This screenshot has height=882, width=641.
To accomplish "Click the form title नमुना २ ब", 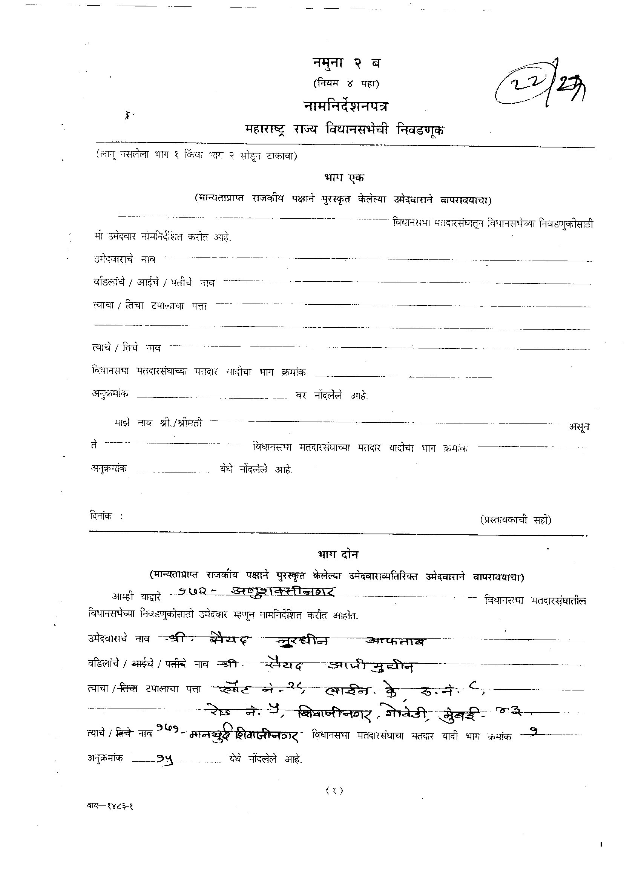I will pyautogui.click(x=347, y=63).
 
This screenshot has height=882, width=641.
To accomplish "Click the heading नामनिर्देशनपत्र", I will pyautogui.click(x=346, y=106).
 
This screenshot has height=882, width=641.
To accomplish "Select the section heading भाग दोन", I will pyautogui.click(x=337, y=554).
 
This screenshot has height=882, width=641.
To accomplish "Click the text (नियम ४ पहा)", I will pyautogui.click(x=346, y=83).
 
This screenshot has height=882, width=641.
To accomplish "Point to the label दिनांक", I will pyautogui.click(x=101, y=516).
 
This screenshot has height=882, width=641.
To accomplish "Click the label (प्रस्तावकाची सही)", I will pyautogui.click(x=515, y=520).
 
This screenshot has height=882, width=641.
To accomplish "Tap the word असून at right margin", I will pyautogui.click(x=579, y=427).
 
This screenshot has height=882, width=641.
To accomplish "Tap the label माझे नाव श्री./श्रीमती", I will pyautogui.click(x=158, y=423).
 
